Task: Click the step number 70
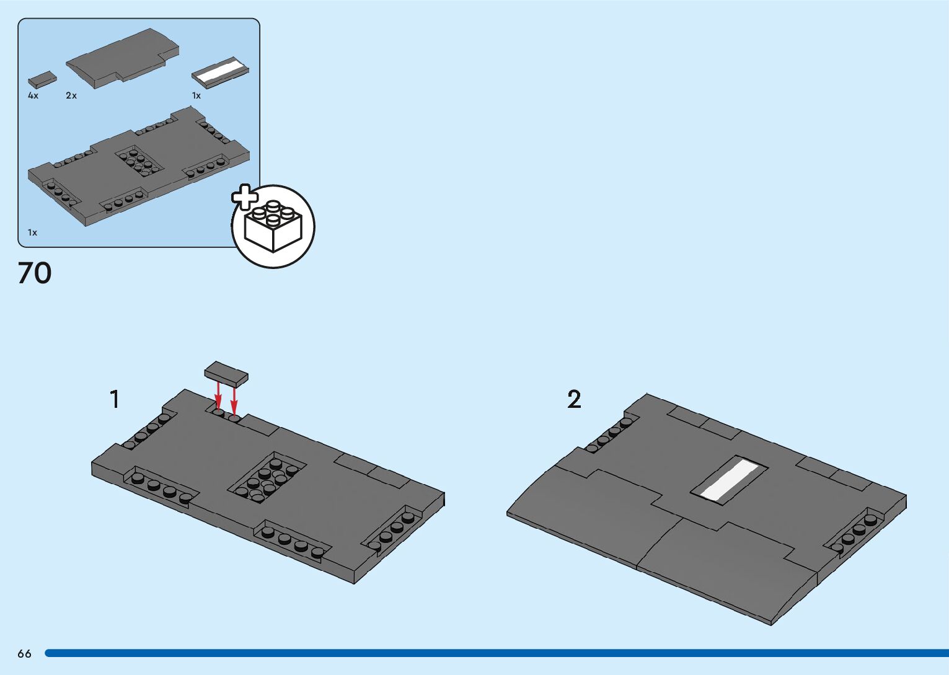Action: (x=35, y=273)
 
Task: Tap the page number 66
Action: (x=24, y=654)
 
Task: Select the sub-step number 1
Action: (x=114, y=399)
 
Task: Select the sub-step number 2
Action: (x=574, y=399)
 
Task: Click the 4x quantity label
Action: (x=33, y=96)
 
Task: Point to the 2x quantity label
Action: (x=71, y=96)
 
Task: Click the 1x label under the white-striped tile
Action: (x=196, y=96)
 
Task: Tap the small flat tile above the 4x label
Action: (x=42, y=79)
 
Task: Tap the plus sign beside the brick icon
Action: (x=245, y=197)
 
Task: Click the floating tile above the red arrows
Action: (x=226, y=374)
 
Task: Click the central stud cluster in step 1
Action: (x=267, y=479)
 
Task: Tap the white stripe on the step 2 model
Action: (x=730, y=480)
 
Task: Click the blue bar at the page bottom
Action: (x=496, y=653)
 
